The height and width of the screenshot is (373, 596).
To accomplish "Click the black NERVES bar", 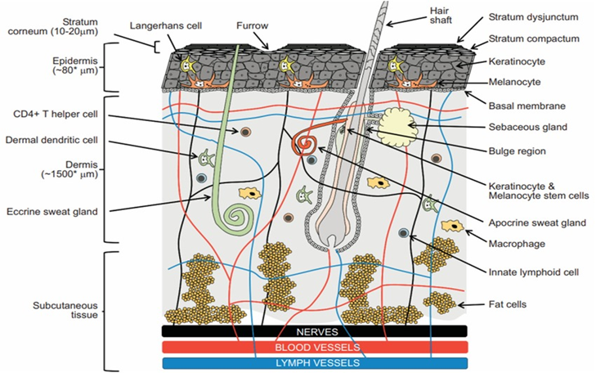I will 314,331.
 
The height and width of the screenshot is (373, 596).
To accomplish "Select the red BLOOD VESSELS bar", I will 314,347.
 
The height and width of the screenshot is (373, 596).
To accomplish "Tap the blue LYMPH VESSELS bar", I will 314,362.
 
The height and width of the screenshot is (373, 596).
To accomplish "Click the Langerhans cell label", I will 168,26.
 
